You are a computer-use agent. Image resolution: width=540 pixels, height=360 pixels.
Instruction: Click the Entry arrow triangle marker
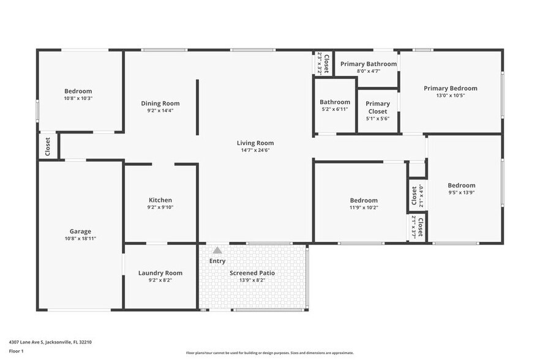[x=217, y=250]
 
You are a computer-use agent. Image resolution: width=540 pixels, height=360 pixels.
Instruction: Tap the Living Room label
[x=255, y=143]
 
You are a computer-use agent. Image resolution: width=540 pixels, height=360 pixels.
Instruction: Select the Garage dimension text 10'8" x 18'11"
[x=80, y=239]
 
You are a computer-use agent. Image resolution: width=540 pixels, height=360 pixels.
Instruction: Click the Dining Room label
[x=160, y=103]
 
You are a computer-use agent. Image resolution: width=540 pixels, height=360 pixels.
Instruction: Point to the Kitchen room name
[x=160, y=200]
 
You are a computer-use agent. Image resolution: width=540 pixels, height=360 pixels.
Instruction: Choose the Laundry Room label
[x=160, y=273]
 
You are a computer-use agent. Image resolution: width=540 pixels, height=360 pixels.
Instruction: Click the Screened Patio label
[x=252, y=273]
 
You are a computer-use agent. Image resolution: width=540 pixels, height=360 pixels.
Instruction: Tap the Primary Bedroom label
[x=450, y=88]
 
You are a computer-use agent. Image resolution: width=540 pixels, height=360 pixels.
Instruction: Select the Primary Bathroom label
[x=369, y=64]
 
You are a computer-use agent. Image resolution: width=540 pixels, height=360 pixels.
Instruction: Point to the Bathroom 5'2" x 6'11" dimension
[x=335, y=109]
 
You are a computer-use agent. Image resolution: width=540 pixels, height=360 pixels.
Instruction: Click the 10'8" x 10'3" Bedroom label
[x=78, y=91]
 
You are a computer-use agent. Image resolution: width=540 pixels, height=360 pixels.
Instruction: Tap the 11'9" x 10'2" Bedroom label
[x=364, y=200]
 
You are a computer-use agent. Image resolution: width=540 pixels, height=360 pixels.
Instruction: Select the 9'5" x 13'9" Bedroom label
[x=461, y=186]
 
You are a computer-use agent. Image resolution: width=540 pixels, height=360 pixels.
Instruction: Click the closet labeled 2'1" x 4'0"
[x=414, y=197]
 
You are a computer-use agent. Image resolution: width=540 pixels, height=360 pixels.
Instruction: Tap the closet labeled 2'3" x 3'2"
[x=323, y=63]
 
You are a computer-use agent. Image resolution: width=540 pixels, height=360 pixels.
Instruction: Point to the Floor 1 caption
[x=16, y=351]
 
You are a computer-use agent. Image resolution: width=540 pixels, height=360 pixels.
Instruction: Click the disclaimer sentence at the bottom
[x=269, y=353]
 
